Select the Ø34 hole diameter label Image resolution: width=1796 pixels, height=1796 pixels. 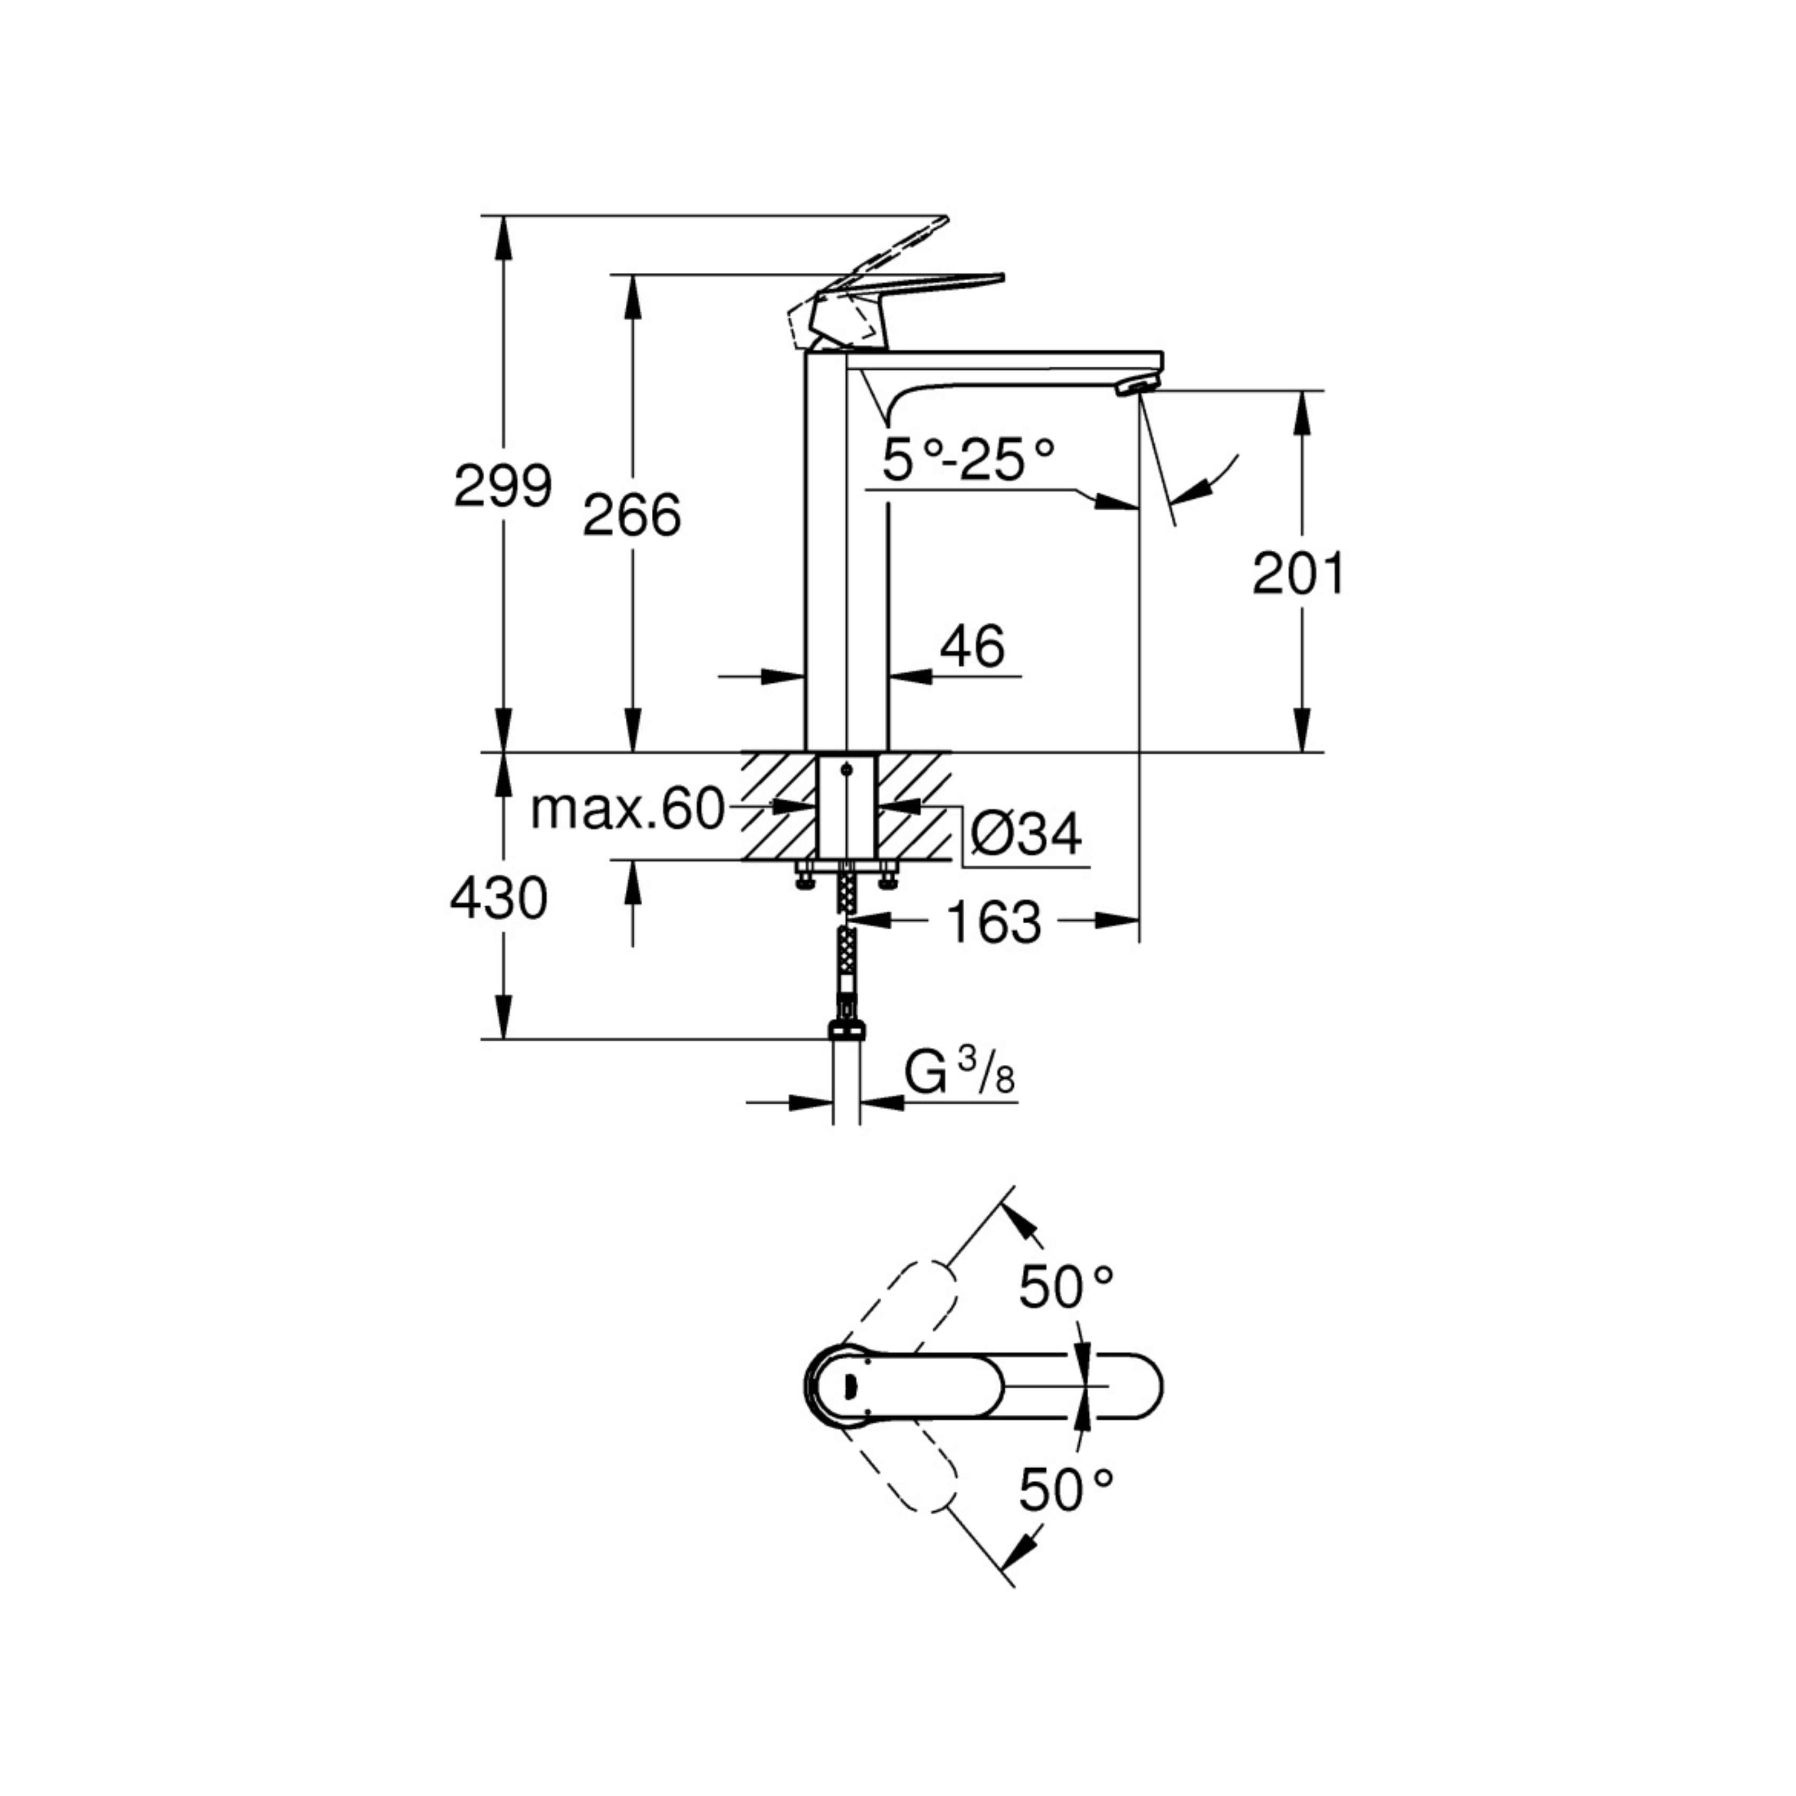pyautogui.click(x=1025, y=834)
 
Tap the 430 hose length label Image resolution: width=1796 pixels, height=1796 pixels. pyautogui.click(x=498, y=899)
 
